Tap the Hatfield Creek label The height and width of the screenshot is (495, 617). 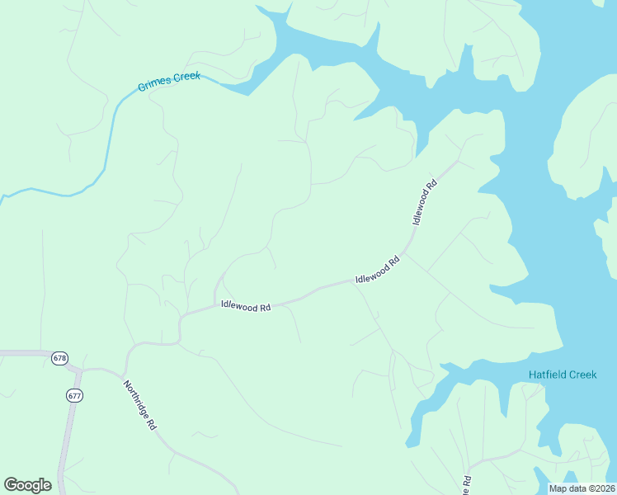point(562,375)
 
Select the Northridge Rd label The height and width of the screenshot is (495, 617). point(140,406)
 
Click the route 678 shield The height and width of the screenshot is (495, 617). point(59,358)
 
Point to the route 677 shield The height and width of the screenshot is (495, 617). point(75,395)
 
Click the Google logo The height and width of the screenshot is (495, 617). point(27,485)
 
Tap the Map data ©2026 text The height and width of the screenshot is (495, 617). point(582,488)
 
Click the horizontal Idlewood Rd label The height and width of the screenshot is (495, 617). point(246,306)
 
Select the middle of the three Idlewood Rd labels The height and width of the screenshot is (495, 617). point(377,269)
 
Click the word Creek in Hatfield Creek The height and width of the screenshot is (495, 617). point(581,375)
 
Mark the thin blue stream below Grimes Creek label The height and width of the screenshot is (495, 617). point(106,140)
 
